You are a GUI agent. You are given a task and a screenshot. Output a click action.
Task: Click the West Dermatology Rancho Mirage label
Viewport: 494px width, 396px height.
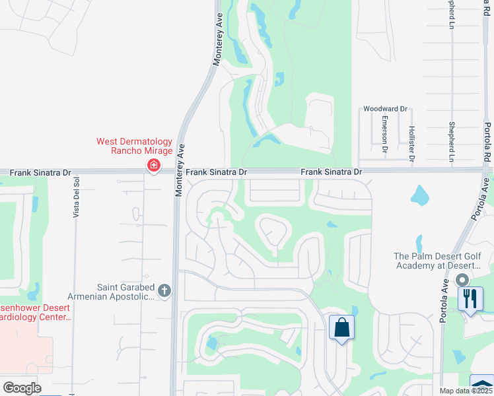(x=134, y=146)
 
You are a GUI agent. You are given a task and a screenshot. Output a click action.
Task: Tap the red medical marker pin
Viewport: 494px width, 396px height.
(x=153, y=165)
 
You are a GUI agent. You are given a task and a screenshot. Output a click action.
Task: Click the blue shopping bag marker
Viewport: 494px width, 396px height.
(x=341, y=328)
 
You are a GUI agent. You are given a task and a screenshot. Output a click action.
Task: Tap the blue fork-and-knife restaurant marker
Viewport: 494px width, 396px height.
(x=470, y=298)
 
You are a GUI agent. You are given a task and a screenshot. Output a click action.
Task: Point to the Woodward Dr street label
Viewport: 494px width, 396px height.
(x=387, y=109)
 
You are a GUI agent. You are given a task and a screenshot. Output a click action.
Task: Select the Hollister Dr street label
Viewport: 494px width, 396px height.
(x=411, y=143)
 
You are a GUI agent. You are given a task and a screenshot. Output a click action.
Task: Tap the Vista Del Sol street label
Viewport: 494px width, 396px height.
(x=77, y=197)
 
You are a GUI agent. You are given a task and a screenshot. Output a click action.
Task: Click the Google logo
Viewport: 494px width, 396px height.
(x=22, y=388)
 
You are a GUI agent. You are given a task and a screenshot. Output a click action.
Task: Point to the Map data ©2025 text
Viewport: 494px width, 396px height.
(x=466, y=391)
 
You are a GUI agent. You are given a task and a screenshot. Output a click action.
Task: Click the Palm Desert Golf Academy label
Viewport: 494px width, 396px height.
(x=437, y=261)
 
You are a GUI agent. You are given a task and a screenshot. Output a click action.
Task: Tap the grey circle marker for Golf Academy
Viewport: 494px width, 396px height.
(x=462, y=280)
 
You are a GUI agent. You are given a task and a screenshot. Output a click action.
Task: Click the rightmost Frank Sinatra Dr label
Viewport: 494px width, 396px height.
(x=332, y=172)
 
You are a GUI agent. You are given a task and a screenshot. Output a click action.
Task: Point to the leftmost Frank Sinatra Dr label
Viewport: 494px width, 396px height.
(x=40, y=172)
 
